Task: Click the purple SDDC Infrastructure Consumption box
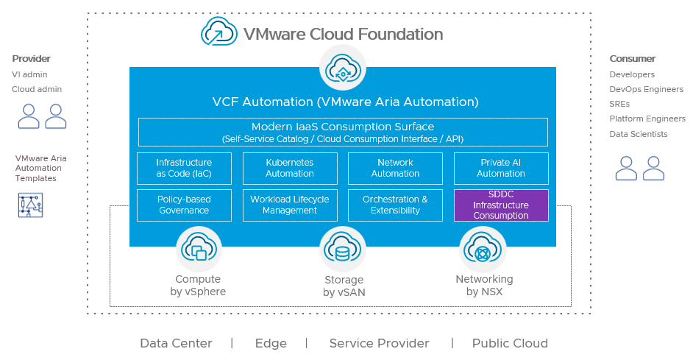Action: [501, 205]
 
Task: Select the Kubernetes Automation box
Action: [290, 169]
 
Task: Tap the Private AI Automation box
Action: [501, 169]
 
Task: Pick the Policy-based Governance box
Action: [184, 205]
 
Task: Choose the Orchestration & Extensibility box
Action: [395, 205]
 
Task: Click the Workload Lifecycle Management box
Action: [290, 205]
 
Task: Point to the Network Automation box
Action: [395, 169]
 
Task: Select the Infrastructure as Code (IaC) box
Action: [184, 169]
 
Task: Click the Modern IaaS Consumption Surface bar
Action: [343, 133]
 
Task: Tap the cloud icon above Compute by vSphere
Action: [199, 248]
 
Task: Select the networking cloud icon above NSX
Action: [483, 248]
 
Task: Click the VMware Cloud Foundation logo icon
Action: [218, 33]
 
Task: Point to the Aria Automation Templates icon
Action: [30, 205]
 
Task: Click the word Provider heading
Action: [31, 59]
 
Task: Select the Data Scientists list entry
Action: [639, 134]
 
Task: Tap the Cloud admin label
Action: [37, 90]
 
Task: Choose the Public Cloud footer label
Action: [510, 343]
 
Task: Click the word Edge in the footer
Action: [271, 343]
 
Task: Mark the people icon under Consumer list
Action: [640, 169]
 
